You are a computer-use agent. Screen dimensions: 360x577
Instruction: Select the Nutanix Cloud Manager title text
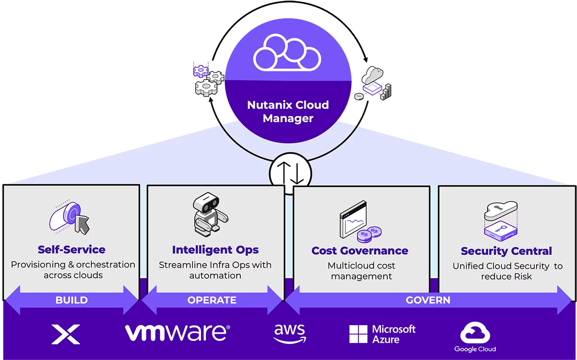coord(288,112)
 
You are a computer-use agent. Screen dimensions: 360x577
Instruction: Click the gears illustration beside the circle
coord(208,79)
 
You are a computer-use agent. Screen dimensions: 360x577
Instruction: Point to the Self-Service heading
coord(72,249)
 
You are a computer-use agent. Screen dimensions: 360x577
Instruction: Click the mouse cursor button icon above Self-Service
coord(70,218)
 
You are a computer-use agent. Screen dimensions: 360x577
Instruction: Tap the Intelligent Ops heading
coord(215,249)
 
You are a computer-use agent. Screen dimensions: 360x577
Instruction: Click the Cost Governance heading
coord(360,250)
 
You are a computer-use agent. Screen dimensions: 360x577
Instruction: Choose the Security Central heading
coord(506,251)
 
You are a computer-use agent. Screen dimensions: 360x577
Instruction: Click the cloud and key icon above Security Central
coord(500,219)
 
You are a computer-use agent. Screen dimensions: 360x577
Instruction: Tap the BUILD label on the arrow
coord(71,300)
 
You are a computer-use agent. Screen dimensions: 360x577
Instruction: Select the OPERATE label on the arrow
coord(212,300)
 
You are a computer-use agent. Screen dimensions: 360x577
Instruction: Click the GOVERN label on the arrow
coord(428,300)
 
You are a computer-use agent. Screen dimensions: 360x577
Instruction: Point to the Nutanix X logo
coord(66,334)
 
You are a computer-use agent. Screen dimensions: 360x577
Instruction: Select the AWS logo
coord(289,333)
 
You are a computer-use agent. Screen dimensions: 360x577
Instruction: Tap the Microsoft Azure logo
coord(382,334)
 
